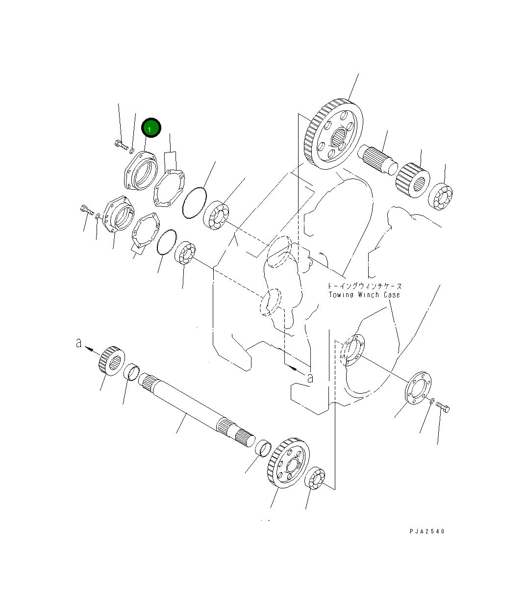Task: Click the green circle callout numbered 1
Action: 151,128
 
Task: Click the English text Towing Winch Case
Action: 364,295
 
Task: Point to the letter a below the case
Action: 309,378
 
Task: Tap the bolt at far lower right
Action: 443,407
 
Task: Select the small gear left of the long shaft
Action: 112,360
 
